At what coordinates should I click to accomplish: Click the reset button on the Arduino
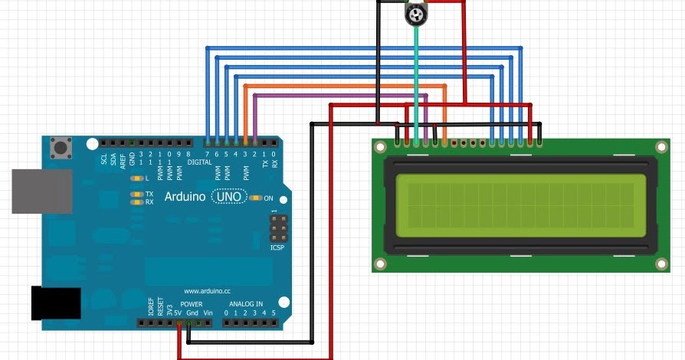(58, 145)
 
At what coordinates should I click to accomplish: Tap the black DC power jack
(54, 303)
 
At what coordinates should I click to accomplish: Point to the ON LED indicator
(256, 197)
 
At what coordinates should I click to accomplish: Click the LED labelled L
(136, 178)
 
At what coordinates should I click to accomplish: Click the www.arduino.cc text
(208, 291)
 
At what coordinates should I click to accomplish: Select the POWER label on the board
(192, 304)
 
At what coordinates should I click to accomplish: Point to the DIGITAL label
(199, 162)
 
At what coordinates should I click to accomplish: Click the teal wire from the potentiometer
(416, 77)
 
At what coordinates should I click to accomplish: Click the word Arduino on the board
(185, 197)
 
